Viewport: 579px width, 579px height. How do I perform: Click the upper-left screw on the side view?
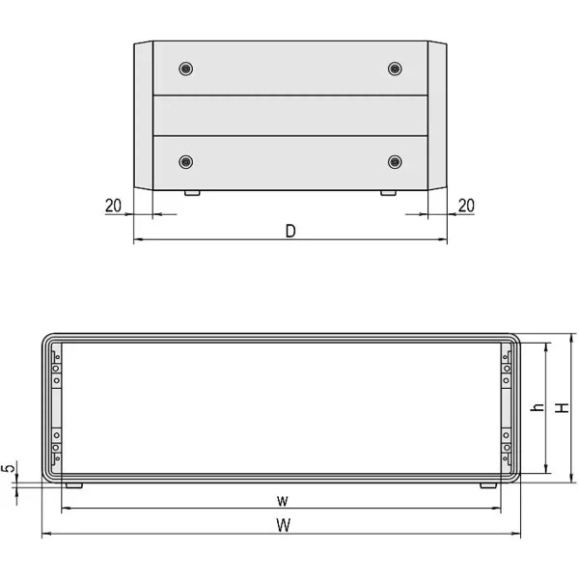click(185, 69)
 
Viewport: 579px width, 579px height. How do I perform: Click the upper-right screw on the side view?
click(395, 69)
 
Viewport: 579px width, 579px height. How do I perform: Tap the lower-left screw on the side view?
click(185, 162)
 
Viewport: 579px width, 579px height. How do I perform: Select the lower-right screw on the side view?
click(395, 162)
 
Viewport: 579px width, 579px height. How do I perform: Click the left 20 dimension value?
click(113, 206)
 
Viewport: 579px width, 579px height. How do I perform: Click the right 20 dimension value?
click(466, 206)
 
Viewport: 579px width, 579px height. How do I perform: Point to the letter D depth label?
click(290, 232)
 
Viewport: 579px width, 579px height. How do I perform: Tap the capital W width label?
click(283, 525)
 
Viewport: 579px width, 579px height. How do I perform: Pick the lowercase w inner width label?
click(283, 501)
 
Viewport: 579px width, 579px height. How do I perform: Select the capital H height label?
click(563, 407)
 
